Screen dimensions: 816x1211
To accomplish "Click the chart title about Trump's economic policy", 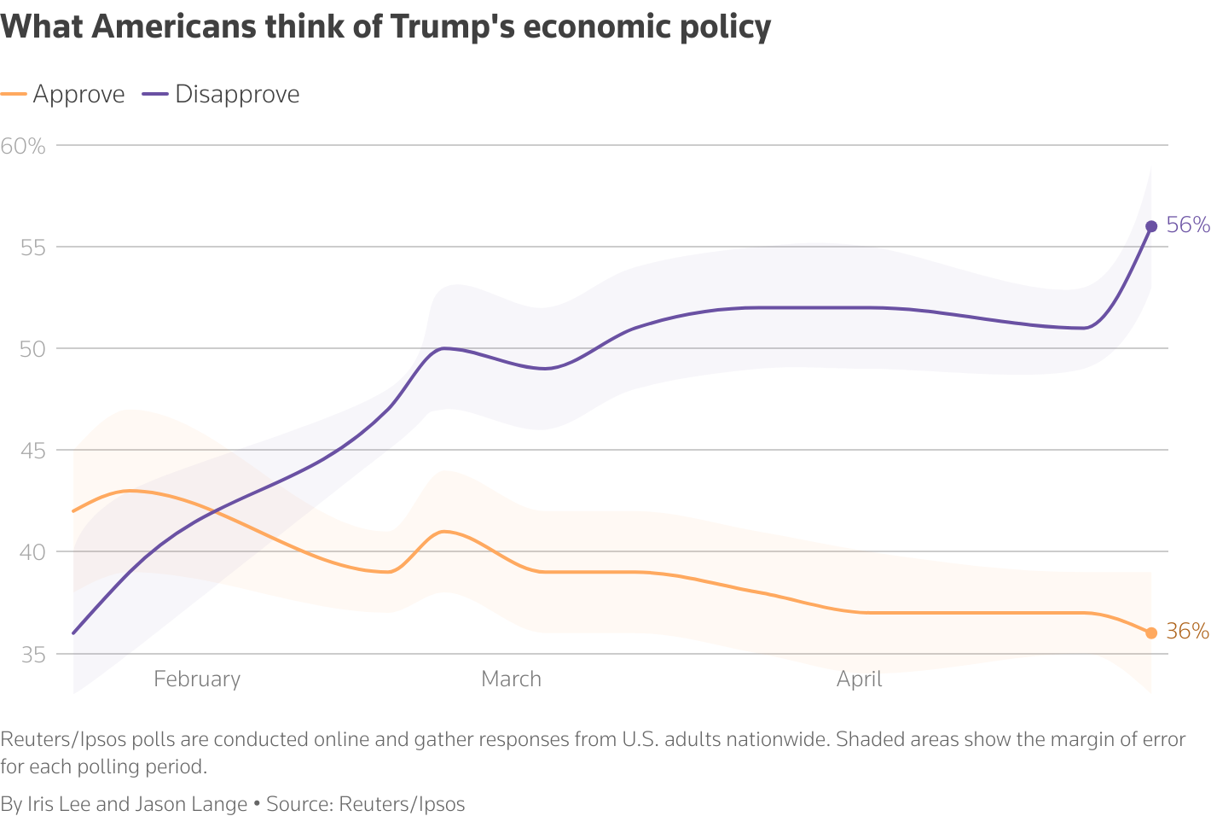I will (x=385, y=27).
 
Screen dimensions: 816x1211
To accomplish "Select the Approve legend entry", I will (x=78, y=94).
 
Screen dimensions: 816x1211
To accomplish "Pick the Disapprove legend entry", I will (x=237, y=94).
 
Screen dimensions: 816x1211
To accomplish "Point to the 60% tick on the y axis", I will (x=23, y=146).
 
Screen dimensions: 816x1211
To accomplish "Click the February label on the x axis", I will (x=197, y=679).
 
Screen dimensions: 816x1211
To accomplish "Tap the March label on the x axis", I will (x=511, y=679).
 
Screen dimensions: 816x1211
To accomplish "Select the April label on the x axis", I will (x=859, y=679).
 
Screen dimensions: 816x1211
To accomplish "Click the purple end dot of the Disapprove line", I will (x=1151, y=226).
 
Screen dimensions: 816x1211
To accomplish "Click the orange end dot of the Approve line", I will (x=1151, y=632).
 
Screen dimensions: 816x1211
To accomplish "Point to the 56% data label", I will (x=1188, y=225).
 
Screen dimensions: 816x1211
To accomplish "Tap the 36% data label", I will (x=1187, y=632).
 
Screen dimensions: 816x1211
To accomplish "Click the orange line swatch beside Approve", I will (x=14, y=94).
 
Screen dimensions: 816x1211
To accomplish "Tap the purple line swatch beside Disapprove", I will (x=155, y=94).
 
